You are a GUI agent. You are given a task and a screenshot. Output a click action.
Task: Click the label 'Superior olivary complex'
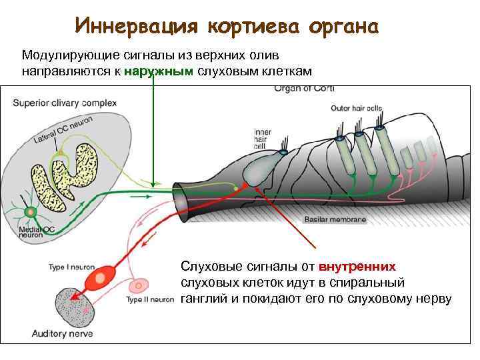point(65,103)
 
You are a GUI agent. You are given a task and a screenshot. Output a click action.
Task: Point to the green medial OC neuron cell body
point(30,213)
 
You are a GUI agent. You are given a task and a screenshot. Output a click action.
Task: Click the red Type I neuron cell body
point(105,275)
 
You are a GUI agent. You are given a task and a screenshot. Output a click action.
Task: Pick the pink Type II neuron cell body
point(140,285)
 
